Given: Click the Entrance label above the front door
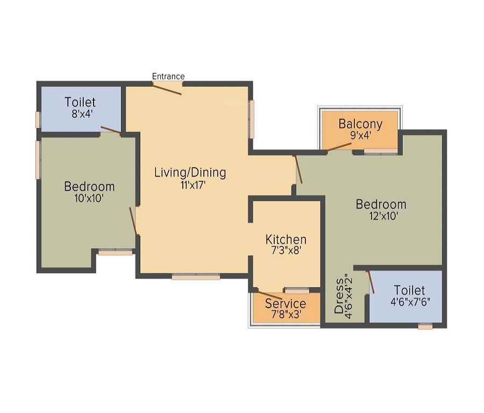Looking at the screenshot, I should click(x=168, y=76).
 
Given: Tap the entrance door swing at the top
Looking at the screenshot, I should click(x=167, y=88).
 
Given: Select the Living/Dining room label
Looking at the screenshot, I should click(x=190, y=173).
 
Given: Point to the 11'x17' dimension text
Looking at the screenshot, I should click(x=190, y=186).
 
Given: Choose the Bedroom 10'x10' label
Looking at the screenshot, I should click(x=89, y=187).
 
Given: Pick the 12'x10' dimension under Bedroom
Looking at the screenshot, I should click(x=381, y=217).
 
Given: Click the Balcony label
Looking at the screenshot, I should click(x=360, y=124).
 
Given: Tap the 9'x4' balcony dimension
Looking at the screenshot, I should click(x=360, y=136).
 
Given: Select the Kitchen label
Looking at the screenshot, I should click(x=286, y=239).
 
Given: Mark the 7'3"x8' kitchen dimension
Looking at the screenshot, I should click(x=286, y=251).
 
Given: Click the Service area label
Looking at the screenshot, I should click(x=285, y=304).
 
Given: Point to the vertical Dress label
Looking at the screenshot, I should click(x=339, y=296).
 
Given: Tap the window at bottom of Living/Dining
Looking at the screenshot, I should click(x=196, y=277).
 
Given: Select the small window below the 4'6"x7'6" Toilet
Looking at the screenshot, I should click(x=425, y=326).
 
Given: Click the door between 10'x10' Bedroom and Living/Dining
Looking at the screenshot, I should click(x=133, y=220).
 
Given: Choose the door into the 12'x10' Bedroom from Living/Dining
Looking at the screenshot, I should click(x=298, y=169).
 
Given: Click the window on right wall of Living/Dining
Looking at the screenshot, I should click(x=251, y=119).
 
